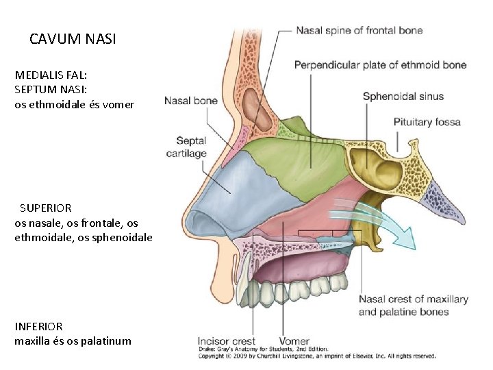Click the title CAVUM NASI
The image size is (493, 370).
[73, 39]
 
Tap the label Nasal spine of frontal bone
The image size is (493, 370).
[359, 30]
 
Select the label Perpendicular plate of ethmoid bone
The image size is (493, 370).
[380, 65]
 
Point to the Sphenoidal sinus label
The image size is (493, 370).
[403, 96]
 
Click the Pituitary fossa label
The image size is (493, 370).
[427, 122]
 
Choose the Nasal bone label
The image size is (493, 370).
[191, 101]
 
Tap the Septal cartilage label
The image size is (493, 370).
[186, 147]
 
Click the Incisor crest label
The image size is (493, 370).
[226, 341]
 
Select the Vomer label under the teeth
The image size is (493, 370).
[294, 341]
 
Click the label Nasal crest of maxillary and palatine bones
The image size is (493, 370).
[413, 306]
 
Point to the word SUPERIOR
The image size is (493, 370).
[45, 207]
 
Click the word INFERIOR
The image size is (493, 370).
[38, 327]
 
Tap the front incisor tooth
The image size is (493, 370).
[245, 291]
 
